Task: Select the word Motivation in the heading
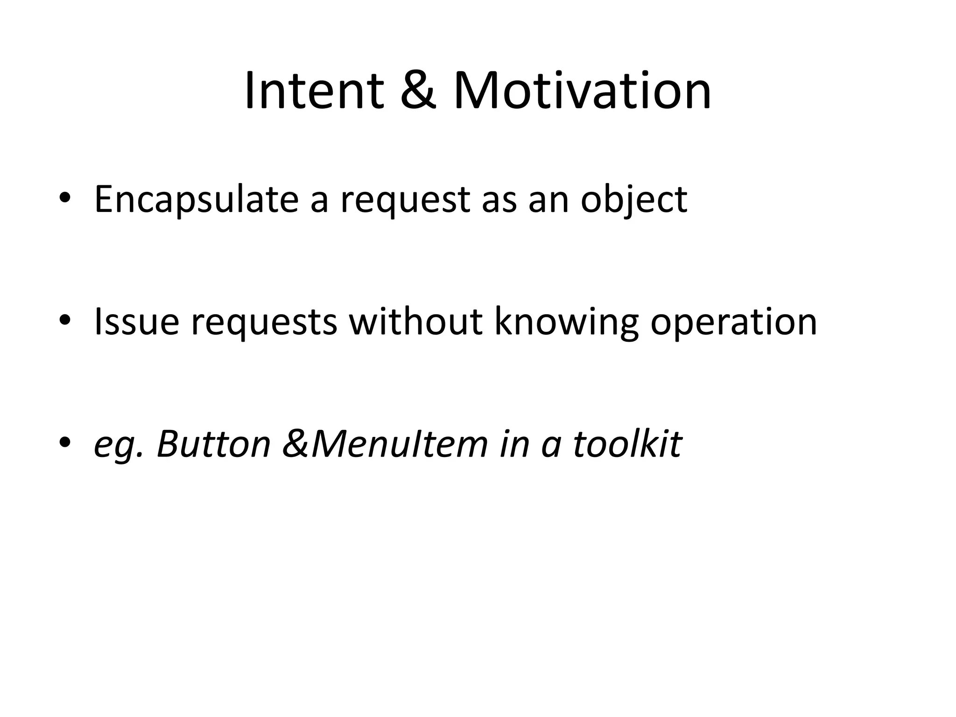coord(582,91)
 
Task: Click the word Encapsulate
coord(196,200)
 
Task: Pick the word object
coord(634,200)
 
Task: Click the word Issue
coord(137,322)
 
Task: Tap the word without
coord(416,322)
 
